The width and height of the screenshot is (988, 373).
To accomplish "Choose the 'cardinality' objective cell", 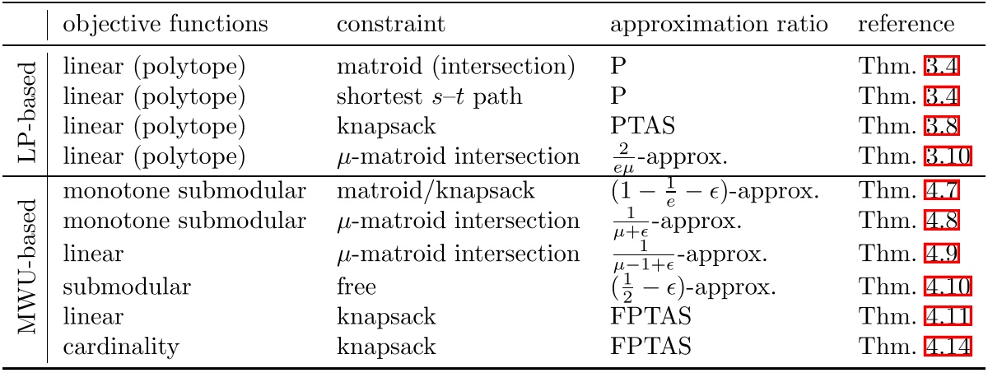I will tap(121, 347).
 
